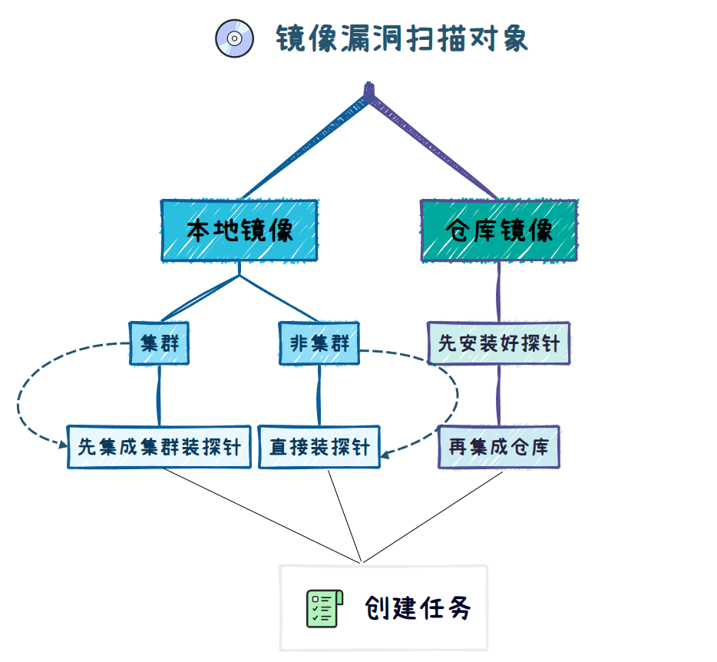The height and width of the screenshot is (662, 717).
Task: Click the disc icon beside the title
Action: click(x=235, y=38)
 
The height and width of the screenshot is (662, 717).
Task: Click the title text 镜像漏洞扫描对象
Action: click(x=402, y=38)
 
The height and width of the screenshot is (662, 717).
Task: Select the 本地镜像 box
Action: click(x=239, y=230)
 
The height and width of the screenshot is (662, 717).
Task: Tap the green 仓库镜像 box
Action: click(x=499, y=230)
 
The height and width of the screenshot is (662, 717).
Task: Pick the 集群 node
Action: click(x=159, y=343)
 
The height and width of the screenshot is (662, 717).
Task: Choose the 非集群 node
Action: click(x=319, y=343)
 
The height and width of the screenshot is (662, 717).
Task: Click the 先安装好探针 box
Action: click(x=499, y=343)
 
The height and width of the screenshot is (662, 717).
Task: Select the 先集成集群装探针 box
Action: click(x=159, y=446)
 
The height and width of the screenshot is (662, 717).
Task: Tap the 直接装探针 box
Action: click(x=319, y=446)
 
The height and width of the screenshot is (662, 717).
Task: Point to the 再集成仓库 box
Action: click(x=499, y=446)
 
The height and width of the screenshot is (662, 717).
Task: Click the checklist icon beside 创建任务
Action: click(x=322, y=609)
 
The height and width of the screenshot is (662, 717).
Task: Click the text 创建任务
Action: click(x=418, y=609)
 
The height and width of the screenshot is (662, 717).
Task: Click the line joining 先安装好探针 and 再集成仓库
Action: click(x=500, y=395)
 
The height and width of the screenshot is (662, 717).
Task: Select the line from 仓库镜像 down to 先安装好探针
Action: click(x=499, y=292)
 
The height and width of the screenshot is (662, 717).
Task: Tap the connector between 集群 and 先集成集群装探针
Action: click(x=159, y=395)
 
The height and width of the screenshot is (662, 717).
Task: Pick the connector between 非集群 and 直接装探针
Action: click(x=319, y=395)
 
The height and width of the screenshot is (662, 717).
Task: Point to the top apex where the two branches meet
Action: click(x=370, y=94)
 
